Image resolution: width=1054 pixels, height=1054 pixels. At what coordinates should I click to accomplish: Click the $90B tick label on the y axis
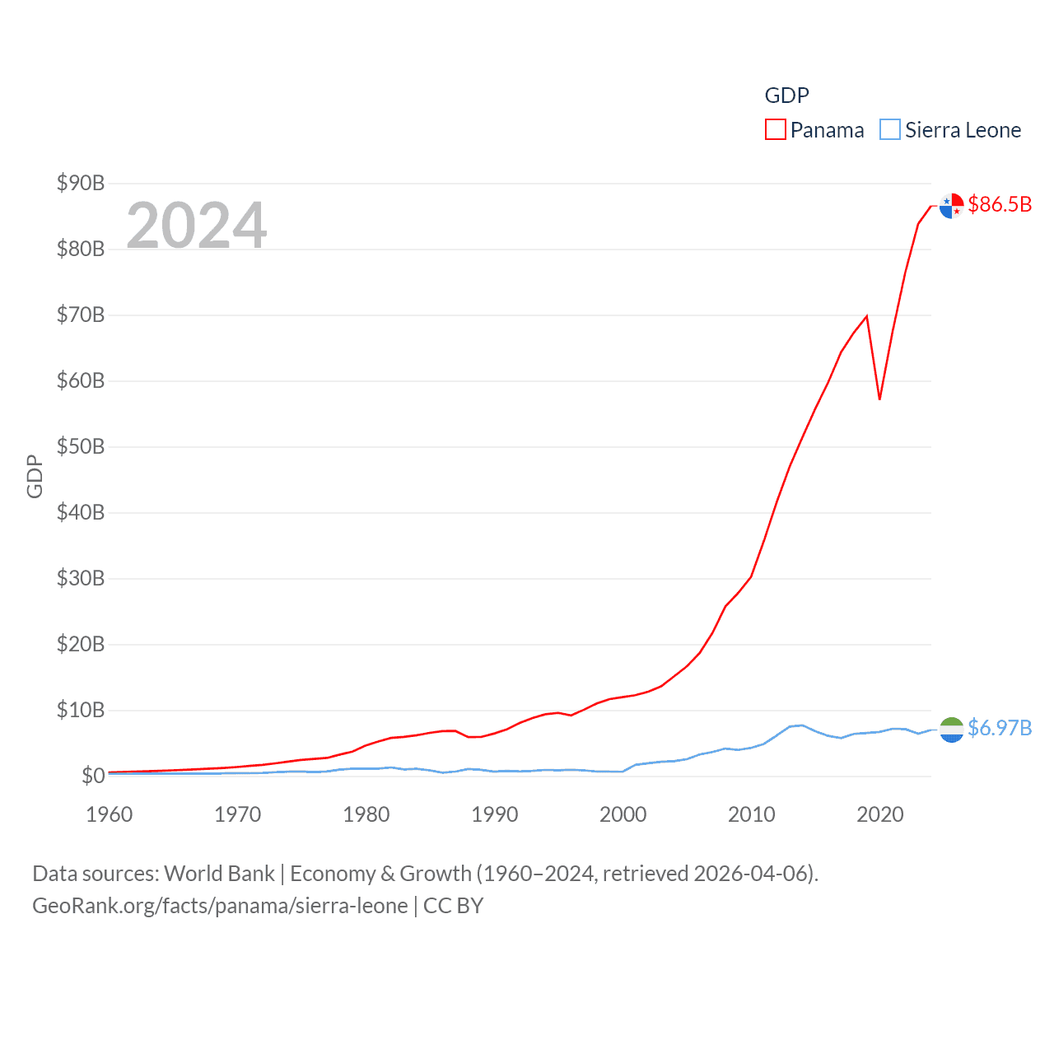80,183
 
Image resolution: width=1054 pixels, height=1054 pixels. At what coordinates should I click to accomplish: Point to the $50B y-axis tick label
80,446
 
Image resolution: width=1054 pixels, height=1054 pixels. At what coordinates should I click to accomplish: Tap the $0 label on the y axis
92,776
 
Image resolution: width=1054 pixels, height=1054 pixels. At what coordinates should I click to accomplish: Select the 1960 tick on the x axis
110,814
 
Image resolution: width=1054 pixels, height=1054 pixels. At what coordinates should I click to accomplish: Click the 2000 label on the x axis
623,814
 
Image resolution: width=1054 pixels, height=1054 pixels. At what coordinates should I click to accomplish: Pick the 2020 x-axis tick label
880,814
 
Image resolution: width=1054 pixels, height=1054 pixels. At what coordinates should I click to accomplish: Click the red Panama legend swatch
776,130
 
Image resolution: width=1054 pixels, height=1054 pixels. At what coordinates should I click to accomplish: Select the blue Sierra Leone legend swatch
890,130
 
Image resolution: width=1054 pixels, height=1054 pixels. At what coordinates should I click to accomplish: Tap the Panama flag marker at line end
951,206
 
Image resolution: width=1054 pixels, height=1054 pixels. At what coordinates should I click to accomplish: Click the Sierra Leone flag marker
951,730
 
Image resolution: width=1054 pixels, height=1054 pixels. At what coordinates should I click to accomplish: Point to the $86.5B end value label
1000,204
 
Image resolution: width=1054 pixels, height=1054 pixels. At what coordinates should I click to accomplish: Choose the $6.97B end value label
1000,728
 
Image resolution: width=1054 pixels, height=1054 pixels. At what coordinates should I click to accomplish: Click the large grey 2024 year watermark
197,225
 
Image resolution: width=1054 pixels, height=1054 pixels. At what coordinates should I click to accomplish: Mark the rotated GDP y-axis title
35,476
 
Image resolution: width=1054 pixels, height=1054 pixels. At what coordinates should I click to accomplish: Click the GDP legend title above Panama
786,96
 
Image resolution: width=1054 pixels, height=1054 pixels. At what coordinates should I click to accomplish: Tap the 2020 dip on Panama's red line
879,399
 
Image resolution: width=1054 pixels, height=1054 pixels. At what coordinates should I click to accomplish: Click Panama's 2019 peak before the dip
866,316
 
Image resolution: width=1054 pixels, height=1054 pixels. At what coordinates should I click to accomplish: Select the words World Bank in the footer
220,874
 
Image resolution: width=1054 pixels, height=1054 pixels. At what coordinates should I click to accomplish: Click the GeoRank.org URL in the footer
220,906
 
